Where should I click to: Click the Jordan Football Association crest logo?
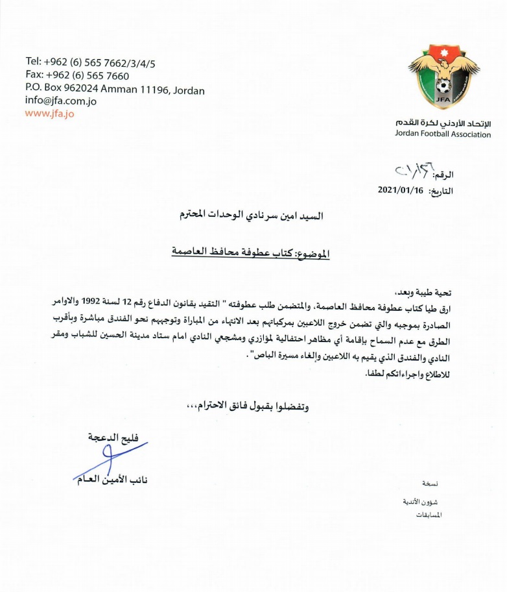click(x=444, y=77)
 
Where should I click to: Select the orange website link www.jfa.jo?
click(x=49, y=113)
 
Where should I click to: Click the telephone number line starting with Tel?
click(x=90, y=63)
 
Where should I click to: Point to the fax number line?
click(x=77, y=75)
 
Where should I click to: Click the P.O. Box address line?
click(x=115, y=88)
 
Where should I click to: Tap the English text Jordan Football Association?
click(x=442, y=134)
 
